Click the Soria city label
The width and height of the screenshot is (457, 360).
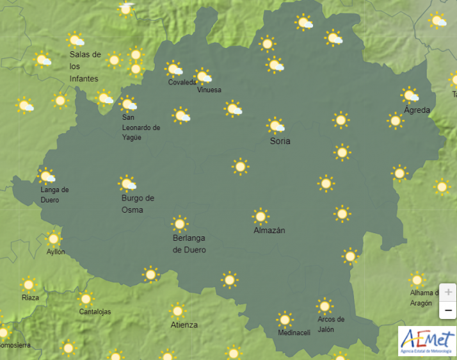(x=280, y=141)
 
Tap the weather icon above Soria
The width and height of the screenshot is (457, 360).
(x=276, y=126)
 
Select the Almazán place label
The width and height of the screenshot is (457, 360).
(x=269, y=230)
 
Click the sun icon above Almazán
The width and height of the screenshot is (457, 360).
(x=260, y=216)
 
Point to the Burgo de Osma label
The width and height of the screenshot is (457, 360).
(x=138, y=204)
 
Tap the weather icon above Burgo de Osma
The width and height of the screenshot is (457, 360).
(x=127, y=184)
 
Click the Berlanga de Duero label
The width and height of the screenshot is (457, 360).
(x=189, y=244)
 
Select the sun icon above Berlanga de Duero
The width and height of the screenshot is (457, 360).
(x=179, y=224)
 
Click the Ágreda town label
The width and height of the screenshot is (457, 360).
(x=417, y=110)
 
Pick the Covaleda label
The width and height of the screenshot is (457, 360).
(x=182, y=83)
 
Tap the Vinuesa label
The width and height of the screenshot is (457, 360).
(x=209, y=90)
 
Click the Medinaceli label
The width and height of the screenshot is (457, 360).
(x=294, y=332)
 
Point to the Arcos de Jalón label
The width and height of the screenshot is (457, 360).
(x=331, y=324)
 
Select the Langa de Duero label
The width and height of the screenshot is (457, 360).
(x=54, y=195)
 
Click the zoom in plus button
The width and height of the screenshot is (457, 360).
(x=448, y=292)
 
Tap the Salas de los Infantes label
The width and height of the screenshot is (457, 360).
(x=85, y=67)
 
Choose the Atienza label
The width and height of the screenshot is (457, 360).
(x=184, y=325)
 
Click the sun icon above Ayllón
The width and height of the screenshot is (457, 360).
(x=54, y=239)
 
